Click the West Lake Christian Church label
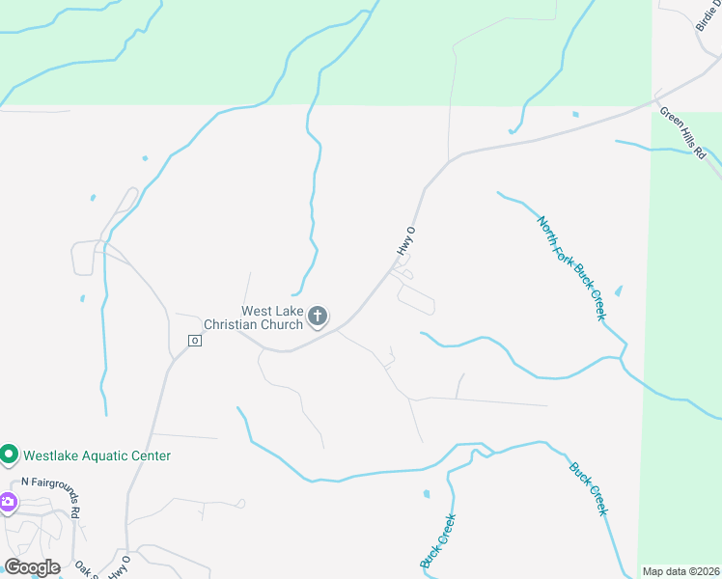tap(271, 317)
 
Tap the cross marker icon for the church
tap(318, 317)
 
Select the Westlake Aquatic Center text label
tap(97, 455)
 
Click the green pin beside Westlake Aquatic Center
tap(10, 454)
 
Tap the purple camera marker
tap(8, 502)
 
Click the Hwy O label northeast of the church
tap(406, 241)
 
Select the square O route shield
tap(194, 341)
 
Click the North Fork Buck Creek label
tap(571, 267)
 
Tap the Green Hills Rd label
tap(683, 126)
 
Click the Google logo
tap(32, 566)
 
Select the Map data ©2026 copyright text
tap(680, 571)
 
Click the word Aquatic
tap(108, 455)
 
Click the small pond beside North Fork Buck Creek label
tap(618, 290)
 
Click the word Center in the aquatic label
tap(151, 455)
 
